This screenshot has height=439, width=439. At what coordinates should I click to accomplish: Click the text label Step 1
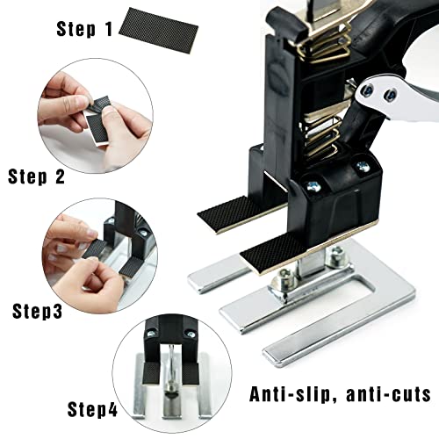pos(84,28)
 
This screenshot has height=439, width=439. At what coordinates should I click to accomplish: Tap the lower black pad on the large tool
pos(267,255)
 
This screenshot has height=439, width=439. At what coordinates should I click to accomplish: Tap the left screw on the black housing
pos(312,186)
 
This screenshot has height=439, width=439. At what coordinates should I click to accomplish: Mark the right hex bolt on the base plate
pos(335,257)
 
